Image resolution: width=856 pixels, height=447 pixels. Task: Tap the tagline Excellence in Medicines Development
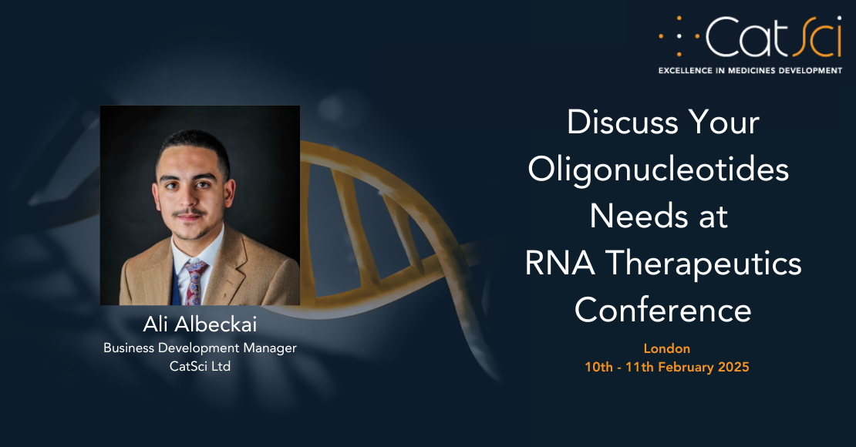750,70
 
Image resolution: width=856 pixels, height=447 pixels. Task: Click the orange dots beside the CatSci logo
679,36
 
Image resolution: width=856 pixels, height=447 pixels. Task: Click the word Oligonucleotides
659,170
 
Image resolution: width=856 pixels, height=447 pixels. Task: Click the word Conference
662,311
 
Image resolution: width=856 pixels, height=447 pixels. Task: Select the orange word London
667,348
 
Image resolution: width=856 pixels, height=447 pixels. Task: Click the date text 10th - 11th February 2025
667,367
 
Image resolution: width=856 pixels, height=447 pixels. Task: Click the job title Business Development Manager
200,348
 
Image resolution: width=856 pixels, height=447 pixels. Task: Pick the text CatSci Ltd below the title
200,366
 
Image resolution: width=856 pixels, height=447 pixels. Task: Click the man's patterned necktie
193,281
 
